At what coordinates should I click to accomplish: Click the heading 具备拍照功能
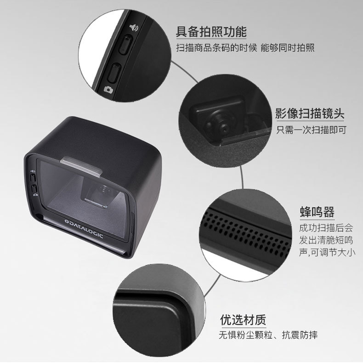[x=211, y=32]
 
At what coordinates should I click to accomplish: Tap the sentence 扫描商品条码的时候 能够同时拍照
[x=245, y=48]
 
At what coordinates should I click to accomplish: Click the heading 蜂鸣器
[x=317, y=212]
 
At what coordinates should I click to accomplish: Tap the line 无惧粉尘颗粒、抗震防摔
[x=268, y=335]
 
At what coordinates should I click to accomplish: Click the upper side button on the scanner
[x=34, y=178]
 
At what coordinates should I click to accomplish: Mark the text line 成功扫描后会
[x=320, y=228]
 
